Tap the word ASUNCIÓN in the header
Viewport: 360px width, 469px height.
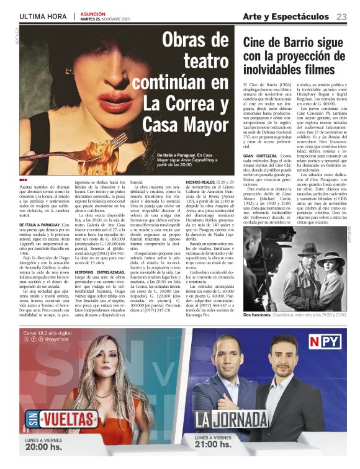[x=91, y=12]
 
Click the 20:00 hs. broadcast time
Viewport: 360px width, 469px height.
[x=43, y=447]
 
